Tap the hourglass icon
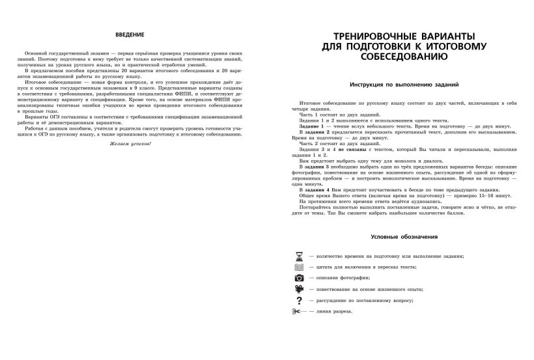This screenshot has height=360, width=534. coord(299,256)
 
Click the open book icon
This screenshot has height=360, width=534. coord(299,268)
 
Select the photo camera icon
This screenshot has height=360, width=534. coord(299,278)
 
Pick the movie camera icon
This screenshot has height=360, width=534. coord(299,289)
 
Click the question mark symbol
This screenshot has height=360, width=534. coord(299,300)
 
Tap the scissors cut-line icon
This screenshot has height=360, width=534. coord(299,311)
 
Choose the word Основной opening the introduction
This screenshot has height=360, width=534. coord(36,51)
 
